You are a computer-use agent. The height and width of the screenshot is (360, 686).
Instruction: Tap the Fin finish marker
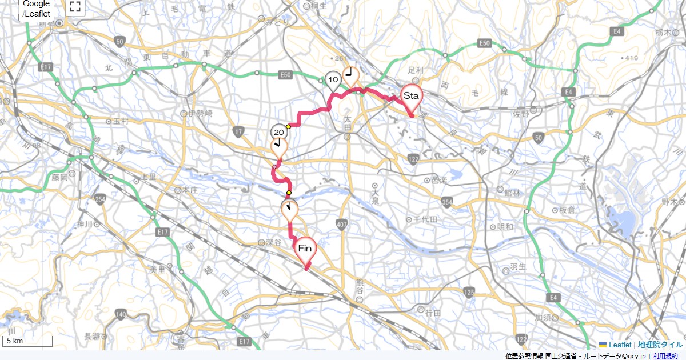pyautogui.click(x=305, y=249)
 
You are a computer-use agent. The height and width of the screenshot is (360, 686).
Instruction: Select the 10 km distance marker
pyautogui.click(x=333, y=79)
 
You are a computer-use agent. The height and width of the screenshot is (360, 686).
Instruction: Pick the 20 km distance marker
pyautogui.click(x=278, y=133)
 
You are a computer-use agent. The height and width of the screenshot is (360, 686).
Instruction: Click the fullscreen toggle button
pyautogui.click(x=75, y=7)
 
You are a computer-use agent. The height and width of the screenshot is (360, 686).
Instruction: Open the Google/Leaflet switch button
pyautogui.click(x=37, y=9)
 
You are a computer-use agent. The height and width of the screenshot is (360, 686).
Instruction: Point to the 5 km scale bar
pyautogui.click(x=29, y=341)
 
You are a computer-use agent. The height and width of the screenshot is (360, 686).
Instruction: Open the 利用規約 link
pyautogui.click(x=665, y=356)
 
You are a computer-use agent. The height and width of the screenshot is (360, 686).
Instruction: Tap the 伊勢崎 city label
pyautogui.click(x=200, y=114)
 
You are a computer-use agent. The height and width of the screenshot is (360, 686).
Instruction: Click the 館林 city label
pyautogui.click(x=512, y=193)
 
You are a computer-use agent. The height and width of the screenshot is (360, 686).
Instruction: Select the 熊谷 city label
pyautogui.click(x=360, y=286)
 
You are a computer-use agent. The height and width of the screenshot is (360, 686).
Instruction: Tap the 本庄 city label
pyautogui.click(x=190, y=190)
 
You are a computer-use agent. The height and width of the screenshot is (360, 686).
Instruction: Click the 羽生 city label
pyautogui.click(x=517, y=266)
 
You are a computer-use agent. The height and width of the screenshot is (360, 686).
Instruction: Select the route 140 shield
pyautogui.click(x=120, y=314)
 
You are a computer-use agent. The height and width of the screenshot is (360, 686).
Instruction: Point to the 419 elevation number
pyautogui.click(x=632, y=58)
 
